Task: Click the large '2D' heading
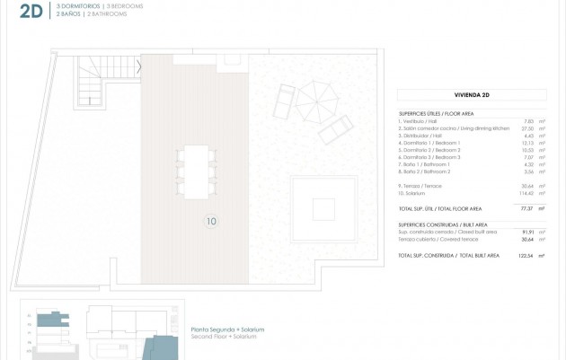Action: pos(31,10)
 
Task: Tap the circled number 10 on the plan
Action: pos(212,220)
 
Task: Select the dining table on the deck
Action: pos(197,171)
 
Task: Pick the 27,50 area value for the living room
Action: pos(528,128)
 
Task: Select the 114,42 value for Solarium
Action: pos(526,193)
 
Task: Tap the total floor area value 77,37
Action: pos(527,208)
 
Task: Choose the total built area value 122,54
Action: pos(526,256)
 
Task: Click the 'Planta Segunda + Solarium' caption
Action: pos(227,329)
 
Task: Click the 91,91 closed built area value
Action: pos(527,232)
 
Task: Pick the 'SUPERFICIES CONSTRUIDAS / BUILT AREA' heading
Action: pos(443,224)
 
